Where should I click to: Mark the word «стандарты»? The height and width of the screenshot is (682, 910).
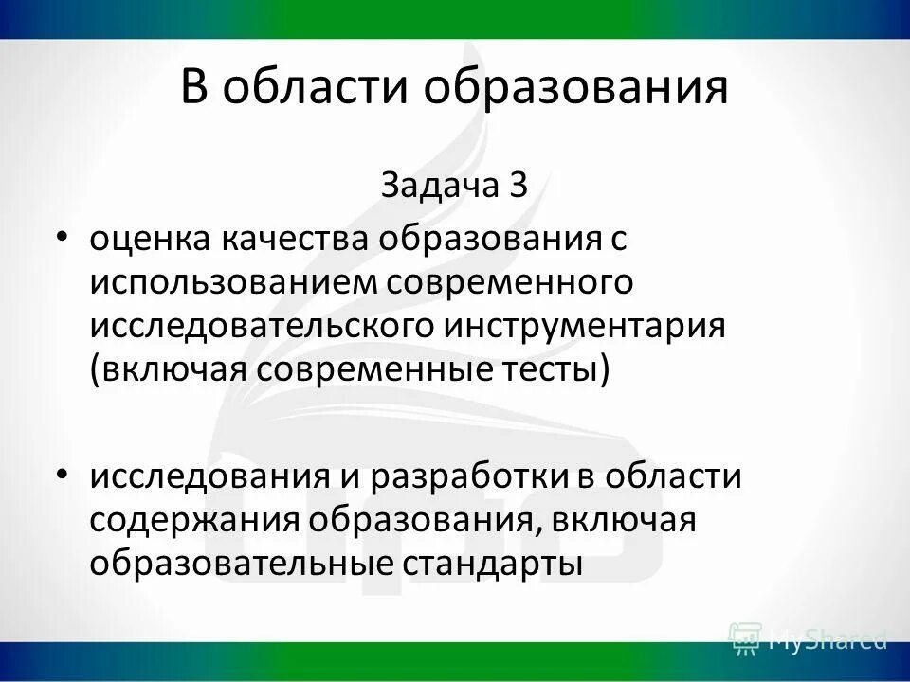(x=493, y=562)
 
